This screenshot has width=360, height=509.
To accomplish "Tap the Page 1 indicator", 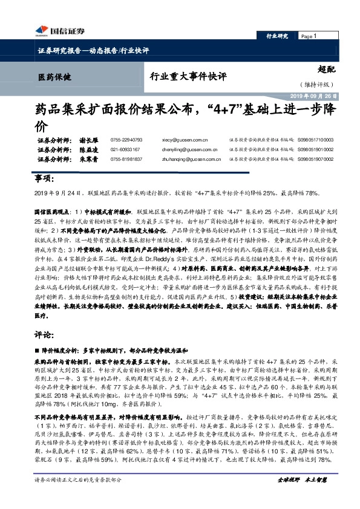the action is click(309, 36).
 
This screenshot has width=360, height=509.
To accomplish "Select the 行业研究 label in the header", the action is click(278, 36).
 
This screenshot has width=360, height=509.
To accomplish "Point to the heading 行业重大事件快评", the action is click(188, 77).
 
